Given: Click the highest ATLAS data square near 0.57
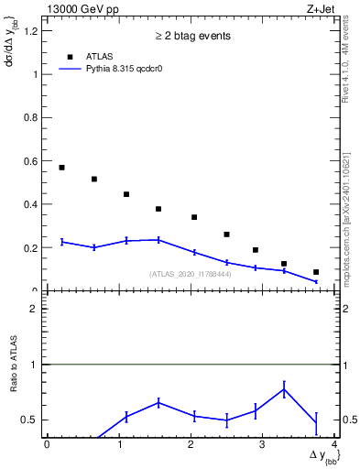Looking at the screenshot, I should click(x=61, y=168).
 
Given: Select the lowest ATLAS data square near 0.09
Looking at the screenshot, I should click(x=316, y=272).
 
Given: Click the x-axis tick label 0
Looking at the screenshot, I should click(x=47, y=444).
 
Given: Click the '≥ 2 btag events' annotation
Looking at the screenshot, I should click(x=191, y=36).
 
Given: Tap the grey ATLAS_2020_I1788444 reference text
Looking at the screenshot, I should click(x=191, y=274).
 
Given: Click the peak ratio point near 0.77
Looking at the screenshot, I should click(x=284, y=389).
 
